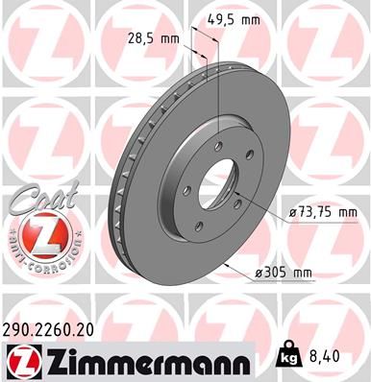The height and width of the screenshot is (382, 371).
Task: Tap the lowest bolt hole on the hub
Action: (x=200, y=224)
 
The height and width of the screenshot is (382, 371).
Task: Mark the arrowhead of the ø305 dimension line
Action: (x=224, y=261)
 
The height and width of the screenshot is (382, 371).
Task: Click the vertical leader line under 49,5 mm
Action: (x=218, y=86)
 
